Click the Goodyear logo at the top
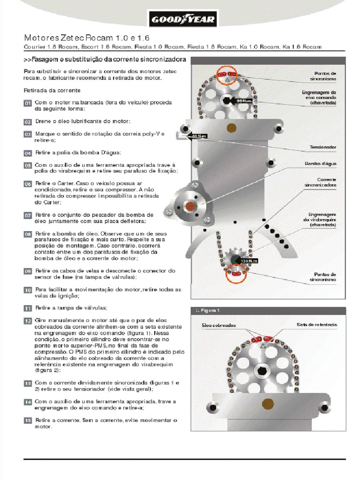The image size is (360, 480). coord(182,20)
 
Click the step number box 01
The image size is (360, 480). coord(28,103)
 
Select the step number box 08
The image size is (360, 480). coord(28,234)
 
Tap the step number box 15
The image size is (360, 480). coord(28,420)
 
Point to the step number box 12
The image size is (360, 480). coord(28,321)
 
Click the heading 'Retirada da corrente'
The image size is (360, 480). coord(52,90)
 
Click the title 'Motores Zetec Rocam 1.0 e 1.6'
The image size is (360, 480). coord(87,37)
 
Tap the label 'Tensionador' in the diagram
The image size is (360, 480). coord(322,147)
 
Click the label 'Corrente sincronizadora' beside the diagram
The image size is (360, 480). coord(321,182)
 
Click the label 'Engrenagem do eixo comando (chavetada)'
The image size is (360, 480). coord(319,97)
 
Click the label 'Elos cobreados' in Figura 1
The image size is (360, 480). coord(219,325)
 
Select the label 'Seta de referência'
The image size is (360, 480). coord(316,324)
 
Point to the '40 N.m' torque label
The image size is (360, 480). coord(199,136)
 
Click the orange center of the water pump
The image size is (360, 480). coord(191,206)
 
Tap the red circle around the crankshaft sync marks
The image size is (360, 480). coord(236,273)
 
